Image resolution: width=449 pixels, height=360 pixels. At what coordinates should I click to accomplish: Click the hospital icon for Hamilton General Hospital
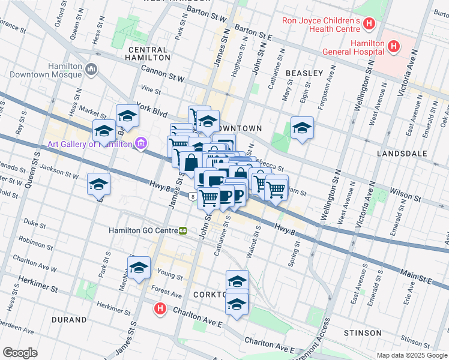click(394, 46)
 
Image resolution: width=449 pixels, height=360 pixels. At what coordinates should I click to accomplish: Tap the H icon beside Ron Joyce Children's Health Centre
click(369, 25)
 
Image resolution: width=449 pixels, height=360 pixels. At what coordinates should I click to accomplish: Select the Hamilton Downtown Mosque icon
click(92, 70)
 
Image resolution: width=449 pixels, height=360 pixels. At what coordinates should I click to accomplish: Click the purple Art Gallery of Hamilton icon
click(140, 143)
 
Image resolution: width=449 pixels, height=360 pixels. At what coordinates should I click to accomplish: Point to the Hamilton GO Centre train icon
click(182, 230)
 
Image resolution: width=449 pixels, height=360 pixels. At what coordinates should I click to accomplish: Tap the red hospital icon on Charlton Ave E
click(160, 309)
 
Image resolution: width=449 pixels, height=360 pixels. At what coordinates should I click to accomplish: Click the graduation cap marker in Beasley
click(302, 128)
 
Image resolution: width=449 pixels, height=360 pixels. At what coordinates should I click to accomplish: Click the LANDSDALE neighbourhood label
click(402, 154)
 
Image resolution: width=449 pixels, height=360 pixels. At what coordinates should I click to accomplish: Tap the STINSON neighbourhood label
click(363, 332)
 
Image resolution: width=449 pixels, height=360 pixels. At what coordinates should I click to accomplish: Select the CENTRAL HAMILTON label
click(148, 53)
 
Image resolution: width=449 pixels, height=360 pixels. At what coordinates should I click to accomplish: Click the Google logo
click(20, 353)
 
